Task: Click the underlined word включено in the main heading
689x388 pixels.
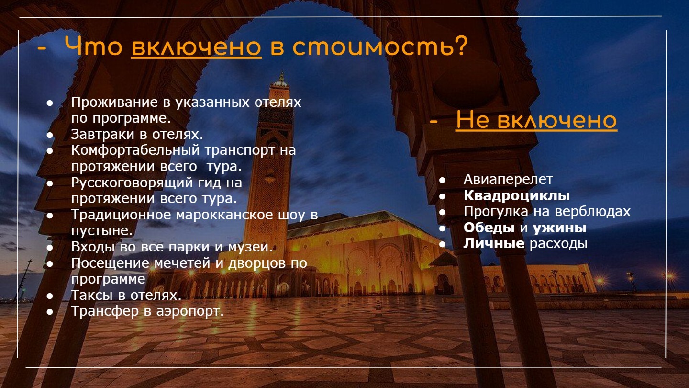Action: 196,47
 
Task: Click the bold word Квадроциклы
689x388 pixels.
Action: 516,195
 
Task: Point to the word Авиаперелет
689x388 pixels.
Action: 508,179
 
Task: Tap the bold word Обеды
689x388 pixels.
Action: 489,228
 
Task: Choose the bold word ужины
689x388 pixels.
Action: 559,228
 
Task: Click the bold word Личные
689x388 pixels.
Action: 494,243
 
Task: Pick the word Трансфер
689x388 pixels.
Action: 105,311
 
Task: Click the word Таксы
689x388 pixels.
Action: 92,295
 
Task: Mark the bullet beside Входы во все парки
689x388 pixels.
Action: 50,247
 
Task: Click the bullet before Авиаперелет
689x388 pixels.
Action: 442,180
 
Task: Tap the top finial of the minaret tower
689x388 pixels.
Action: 281,76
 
